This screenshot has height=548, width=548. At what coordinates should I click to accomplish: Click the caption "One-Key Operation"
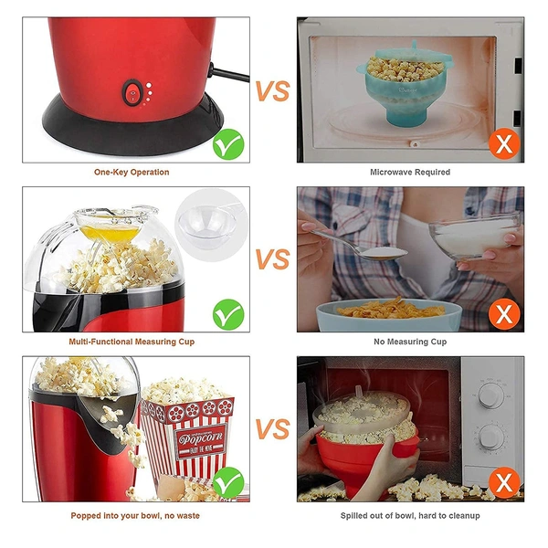132,172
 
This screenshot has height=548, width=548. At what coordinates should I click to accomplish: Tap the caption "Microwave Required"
410,172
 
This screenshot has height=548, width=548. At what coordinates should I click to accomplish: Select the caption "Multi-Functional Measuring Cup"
132,341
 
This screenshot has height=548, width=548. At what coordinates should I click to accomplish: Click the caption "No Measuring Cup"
410,341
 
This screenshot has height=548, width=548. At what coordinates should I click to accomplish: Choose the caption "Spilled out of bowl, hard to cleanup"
410,515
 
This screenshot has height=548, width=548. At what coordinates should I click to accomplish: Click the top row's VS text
272,91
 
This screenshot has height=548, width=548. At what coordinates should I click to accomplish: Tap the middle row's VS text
272,260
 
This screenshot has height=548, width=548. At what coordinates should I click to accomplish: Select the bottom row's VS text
272,429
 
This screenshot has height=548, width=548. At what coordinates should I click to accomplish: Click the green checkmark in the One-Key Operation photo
227,142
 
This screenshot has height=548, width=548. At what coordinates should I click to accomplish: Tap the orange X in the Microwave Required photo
503,142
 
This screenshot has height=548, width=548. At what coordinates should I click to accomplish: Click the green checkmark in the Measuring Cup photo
227,314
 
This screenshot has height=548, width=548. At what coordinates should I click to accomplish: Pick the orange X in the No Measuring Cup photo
503,314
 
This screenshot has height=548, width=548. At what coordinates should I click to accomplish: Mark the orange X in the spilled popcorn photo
503,482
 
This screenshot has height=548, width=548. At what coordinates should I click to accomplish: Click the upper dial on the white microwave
491,395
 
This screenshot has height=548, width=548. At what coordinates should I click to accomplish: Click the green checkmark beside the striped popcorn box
227,481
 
